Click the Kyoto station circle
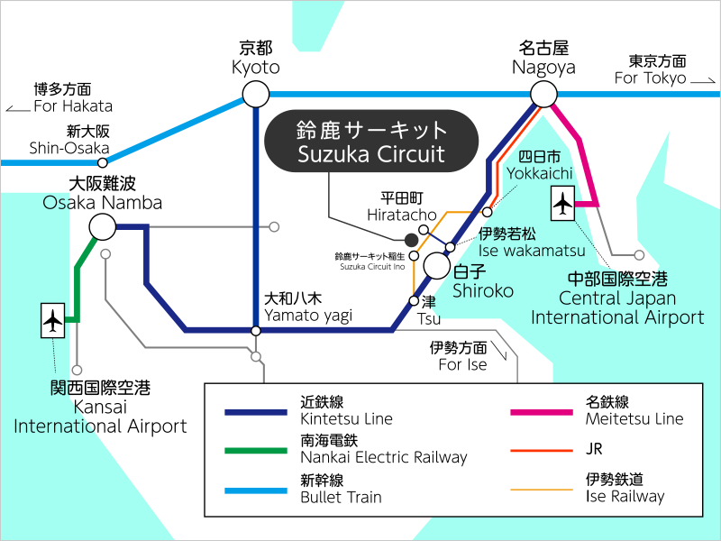click(x=256, y=94)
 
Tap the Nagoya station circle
click(x=543, y=94)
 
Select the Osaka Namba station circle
click(x=102, y=226)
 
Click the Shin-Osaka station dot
click(x=103, y=163)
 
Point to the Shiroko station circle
click(x=437, y=266)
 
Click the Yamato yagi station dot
click(x=256, y=331)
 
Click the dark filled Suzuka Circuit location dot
click(x=412, y=240)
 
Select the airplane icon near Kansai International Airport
click(x=53, y=320)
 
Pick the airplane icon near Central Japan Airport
click(x=564, y=204)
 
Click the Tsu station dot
click(x=415, y=300)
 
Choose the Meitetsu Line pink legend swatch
click(x=542, y=412)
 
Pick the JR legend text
click(x=594, y=448)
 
